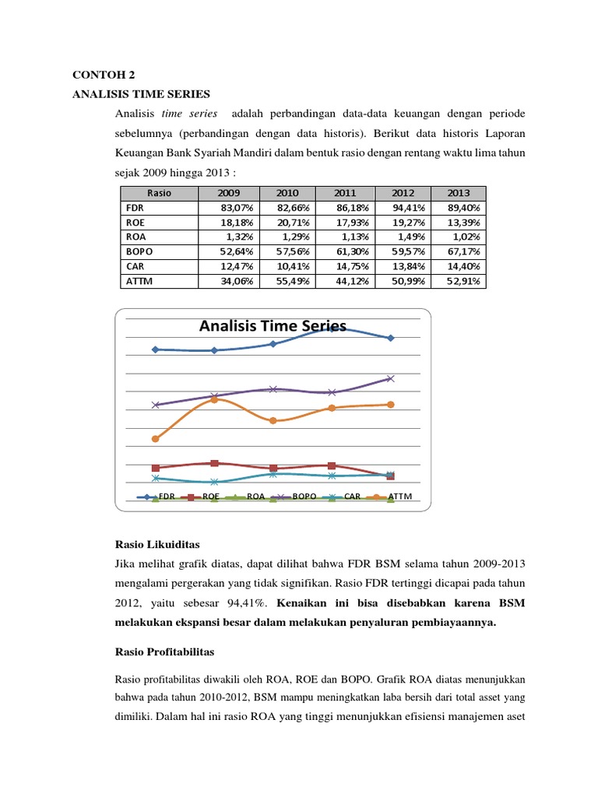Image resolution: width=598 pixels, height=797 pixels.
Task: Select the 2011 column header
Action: point(344,194)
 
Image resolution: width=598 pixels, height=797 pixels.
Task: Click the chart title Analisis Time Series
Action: point(273,326)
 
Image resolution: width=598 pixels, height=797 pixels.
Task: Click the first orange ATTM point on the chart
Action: point(156,439)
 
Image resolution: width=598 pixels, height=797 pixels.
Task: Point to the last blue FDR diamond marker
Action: point(390,338)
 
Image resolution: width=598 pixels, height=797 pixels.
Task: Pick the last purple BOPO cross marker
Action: point(390,378)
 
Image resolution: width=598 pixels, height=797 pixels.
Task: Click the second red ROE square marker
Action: point(215,463)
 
